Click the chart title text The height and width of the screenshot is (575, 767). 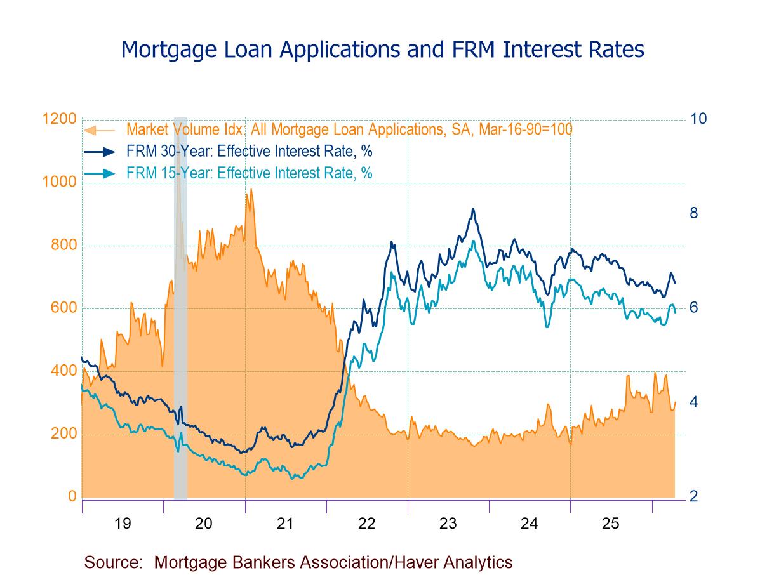[x=382, y=49]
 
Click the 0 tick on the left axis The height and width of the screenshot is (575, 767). [x=73, y=496]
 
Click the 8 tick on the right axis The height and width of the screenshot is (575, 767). [x=694, y=213]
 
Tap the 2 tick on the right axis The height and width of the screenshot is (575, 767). [x=694, y=496]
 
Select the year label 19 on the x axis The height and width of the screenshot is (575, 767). [x=123, y=524]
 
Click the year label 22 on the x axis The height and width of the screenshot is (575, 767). [x=367, y=524]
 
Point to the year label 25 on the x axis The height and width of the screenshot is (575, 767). [x=611, y=524]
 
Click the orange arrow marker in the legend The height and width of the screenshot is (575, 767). [x=99, y=130]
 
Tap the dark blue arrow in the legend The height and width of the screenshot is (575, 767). [x=99, y=151]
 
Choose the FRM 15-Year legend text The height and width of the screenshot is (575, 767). [x=250, y=173]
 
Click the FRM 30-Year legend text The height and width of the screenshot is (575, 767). [x=250, y=151]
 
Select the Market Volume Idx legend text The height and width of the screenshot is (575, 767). [x=349, y=129]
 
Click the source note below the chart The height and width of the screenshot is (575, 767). [x=298, y=562]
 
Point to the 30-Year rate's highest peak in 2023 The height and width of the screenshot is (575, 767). [x=472, y=209]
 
